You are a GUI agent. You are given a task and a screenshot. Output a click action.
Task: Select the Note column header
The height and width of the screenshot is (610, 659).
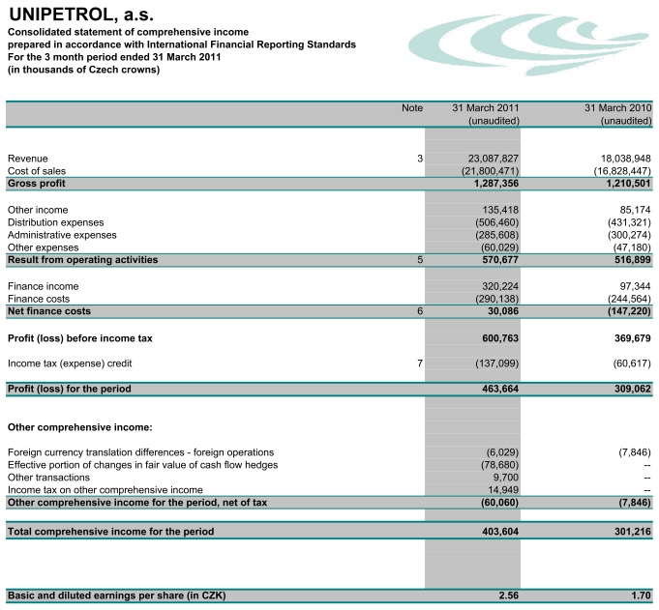pyautogui.click(x=412, y=108)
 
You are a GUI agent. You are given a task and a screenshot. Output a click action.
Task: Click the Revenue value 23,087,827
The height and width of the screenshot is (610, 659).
pyautogui.click(x=494, y=159)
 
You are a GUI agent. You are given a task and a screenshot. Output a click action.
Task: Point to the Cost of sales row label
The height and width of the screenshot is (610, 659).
pyautogui.click(x=37, y=171)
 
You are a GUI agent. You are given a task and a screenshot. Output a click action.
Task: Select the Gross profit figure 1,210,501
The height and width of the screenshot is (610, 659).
pyautogui.click(x=623, y=184)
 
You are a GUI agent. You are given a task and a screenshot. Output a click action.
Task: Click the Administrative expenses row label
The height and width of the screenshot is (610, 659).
pyautogui.click(x=62, y=235)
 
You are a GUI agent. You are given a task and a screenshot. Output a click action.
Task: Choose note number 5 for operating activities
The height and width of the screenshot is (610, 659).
pyautogui.click(x=420, y=260)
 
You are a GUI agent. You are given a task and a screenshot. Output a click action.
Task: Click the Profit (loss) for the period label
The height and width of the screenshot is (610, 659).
pyautogui.click(x=69, y=390)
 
